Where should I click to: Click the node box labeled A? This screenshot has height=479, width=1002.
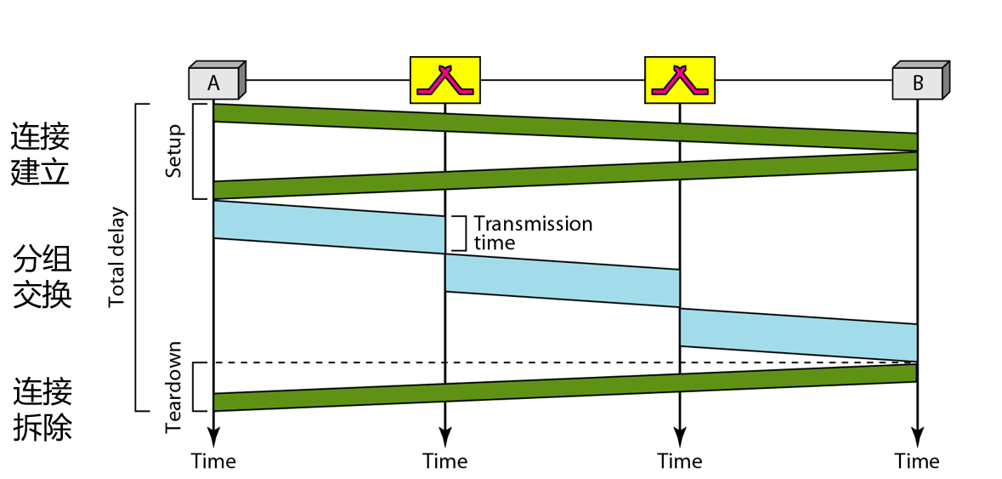(x=215, y=82)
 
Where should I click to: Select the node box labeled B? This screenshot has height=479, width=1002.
(x=919, y=82)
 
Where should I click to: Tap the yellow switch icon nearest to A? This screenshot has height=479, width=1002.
(x=444, y=79)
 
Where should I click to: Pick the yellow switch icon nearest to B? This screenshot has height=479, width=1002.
(x=679, y=79)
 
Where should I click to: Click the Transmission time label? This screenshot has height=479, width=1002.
(x=532, y=232)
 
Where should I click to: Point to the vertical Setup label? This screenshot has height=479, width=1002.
(x=174, y=151)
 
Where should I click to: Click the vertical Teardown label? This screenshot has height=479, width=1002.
(x=174, y=387)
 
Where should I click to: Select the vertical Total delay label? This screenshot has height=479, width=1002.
(x=116, y=258)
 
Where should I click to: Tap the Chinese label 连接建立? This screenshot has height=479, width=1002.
(x=40, y=154)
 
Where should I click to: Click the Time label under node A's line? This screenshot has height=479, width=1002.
(x=213, y=461)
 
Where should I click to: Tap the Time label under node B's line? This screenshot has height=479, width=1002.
(x=916, y=461)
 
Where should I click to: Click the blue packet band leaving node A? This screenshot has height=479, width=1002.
(x=328, y=227)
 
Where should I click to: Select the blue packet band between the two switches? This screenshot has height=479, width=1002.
(x=561, y=281)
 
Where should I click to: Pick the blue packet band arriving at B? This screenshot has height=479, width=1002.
(x=797, y=334)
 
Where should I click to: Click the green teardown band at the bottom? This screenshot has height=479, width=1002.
(x=561, y=387)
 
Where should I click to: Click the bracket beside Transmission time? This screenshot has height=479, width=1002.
(x=460, y=232)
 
